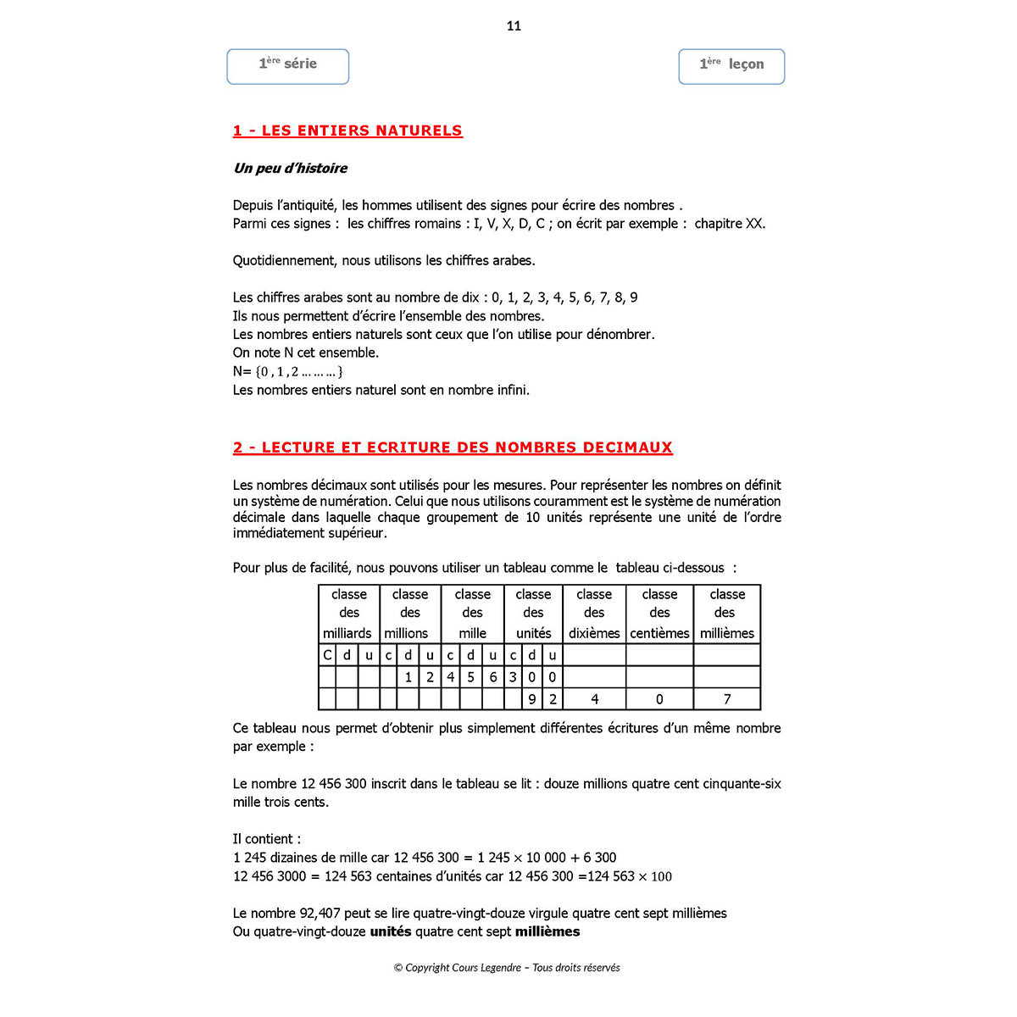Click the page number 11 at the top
coord(514,26)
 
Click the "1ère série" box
coord(288,66)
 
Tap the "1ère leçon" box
coord(731,66)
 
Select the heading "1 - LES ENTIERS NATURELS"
coord(347,131)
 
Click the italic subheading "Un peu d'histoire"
coord(290,168)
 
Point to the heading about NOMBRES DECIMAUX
coord(453,447)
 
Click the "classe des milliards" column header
coord(348,614)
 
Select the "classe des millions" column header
coord(409,614)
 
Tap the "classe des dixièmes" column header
coord(594,614)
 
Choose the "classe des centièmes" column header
coord(659,614)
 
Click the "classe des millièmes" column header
coord(727,614)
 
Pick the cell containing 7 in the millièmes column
coord(727,699)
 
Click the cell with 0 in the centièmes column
coord(659,699)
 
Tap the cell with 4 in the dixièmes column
coord(594,699)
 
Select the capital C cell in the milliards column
coord(327,655)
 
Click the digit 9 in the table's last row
coord(532,699)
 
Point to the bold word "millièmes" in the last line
coord(547,931)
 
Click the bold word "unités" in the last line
coord(391,931)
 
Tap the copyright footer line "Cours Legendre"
coord(507,967)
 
